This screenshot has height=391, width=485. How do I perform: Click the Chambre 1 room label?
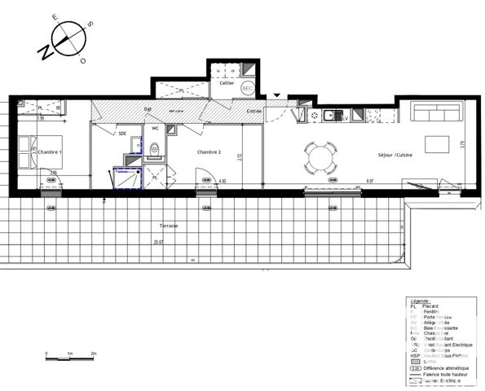[x=51, y=152]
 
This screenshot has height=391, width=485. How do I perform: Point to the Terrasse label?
[x=170, y=226]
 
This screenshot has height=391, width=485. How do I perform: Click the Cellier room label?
[x=227, y=83]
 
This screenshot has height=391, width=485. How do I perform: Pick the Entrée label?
[x=254, y=110]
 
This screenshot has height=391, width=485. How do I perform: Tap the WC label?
[x=155, y=129]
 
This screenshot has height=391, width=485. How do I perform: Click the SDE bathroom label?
[x=122, y=133]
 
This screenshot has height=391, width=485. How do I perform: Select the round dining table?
[x=320, y=157]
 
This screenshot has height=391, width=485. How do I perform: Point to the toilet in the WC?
[x=156, y=148]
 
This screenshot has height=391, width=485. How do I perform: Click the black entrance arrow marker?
[x=276, y=95]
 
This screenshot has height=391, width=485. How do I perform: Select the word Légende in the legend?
[x=421, y=301]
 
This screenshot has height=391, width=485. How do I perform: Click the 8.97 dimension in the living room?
[x=369, y=181]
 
